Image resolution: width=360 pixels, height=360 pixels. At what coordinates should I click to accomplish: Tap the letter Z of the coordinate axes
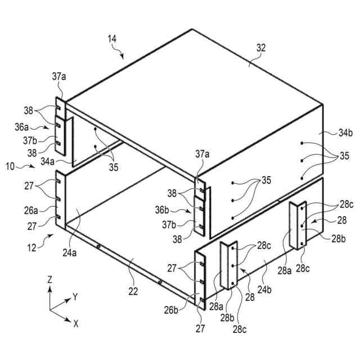49,280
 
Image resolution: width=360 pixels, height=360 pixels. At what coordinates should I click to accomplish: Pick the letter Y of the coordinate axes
75,295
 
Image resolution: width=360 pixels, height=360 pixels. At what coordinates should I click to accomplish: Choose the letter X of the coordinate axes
75,323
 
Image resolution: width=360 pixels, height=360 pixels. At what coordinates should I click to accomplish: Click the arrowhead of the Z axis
50,289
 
